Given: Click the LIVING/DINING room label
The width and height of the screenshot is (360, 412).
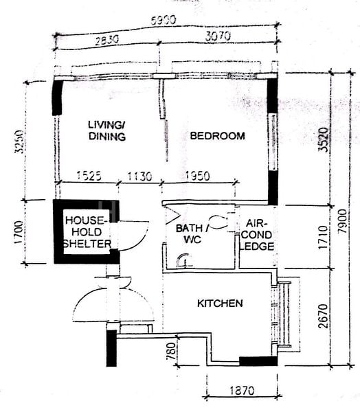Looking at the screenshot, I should tap(106, 130).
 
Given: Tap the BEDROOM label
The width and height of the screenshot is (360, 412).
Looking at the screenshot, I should tap(217, 136).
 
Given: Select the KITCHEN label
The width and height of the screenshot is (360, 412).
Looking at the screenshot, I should tap(220, 303).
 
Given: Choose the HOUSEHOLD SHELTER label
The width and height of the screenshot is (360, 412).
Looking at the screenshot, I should tap(87, 232).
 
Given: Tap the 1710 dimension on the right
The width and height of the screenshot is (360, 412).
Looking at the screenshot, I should tap(321, 236).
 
